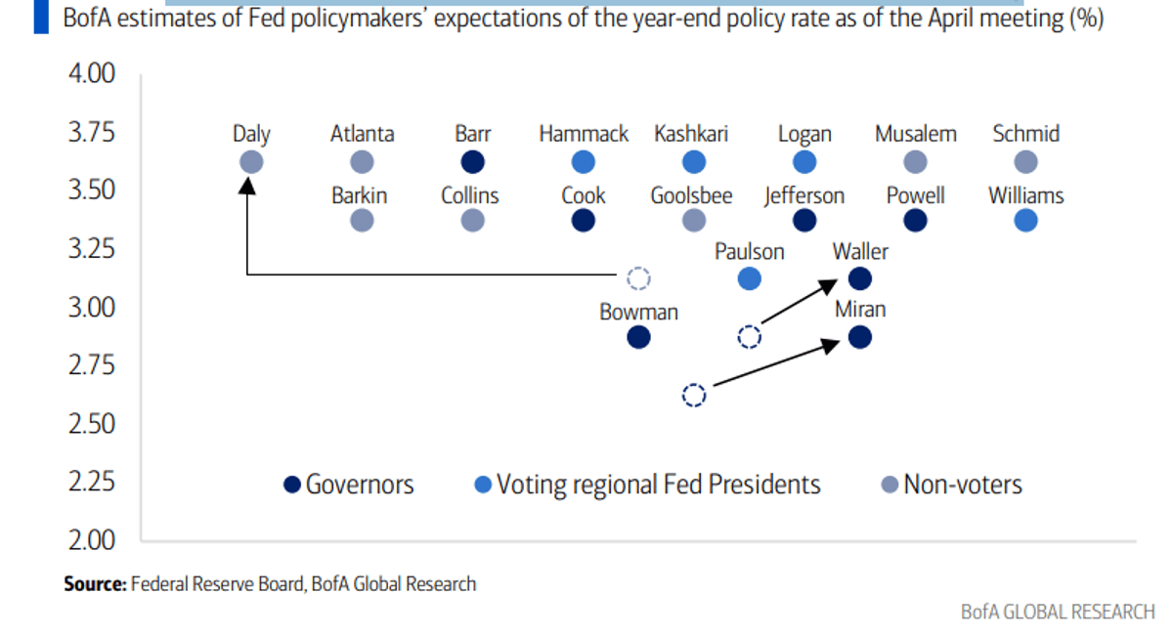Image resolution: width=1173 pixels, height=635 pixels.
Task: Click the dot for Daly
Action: point(251,162)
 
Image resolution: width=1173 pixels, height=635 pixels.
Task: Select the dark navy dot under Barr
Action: point(472,162)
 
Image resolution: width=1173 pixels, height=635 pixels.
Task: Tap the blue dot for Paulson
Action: point(749,279)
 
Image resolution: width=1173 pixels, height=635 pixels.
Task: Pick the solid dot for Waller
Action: point(859,279)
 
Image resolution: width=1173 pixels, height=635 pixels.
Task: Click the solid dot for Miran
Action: point(859,338)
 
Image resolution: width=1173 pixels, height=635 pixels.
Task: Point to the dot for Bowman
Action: point(638,338)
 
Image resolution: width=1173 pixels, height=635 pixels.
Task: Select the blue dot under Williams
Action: point(1025,221)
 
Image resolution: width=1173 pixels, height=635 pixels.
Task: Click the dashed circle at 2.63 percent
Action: point(693,396)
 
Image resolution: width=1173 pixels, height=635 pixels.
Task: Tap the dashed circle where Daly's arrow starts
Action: point(638,278)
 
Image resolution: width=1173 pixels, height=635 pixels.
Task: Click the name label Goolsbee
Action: point(691,195)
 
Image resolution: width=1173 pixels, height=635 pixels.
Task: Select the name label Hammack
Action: point(584,134)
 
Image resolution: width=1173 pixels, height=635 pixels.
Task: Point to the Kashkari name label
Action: point(691,134)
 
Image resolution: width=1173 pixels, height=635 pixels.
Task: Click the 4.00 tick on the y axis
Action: point(91,74)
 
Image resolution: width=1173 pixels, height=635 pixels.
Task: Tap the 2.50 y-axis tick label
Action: point(91,424)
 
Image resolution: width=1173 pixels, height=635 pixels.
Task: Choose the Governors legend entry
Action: point(349,485)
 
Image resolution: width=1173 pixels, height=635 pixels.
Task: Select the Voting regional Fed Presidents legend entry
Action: point(646,485)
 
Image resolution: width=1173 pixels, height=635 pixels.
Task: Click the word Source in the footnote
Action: point(95,584)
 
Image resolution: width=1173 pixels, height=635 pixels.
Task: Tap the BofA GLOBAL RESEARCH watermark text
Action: point(1058,612)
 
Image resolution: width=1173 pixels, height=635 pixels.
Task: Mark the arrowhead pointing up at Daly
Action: point(247,184)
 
